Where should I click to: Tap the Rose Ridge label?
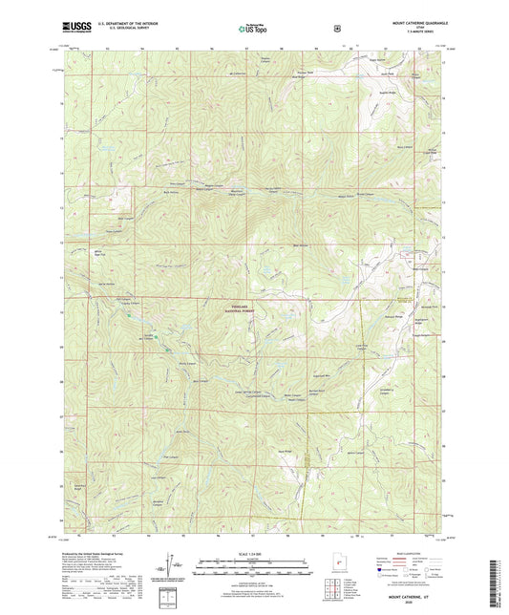coord(284,451)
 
